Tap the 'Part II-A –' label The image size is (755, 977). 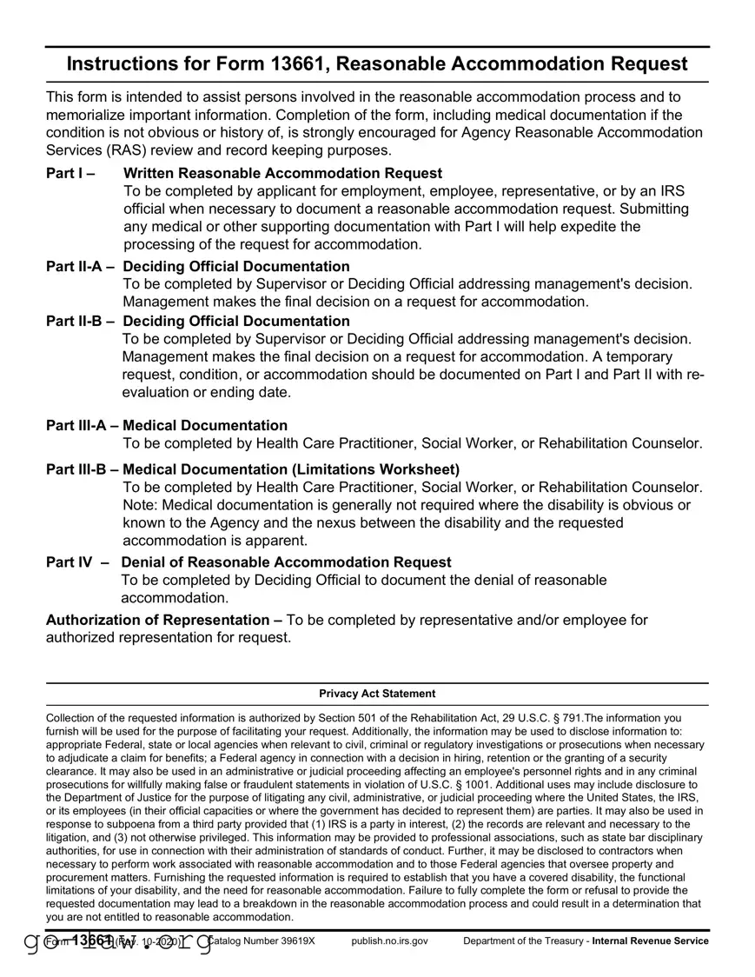(x=80, y=266)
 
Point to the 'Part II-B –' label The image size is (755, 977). (x=80, y=321)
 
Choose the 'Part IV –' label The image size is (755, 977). (x=77, y=562)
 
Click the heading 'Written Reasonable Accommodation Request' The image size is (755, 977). (x=282, y=173)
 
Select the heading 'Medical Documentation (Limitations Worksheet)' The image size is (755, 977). (x=291, y=469)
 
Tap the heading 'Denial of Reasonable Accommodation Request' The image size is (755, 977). (x=286, y=562)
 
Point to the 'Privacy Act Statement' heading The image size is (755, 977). (x=377, y=694)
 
